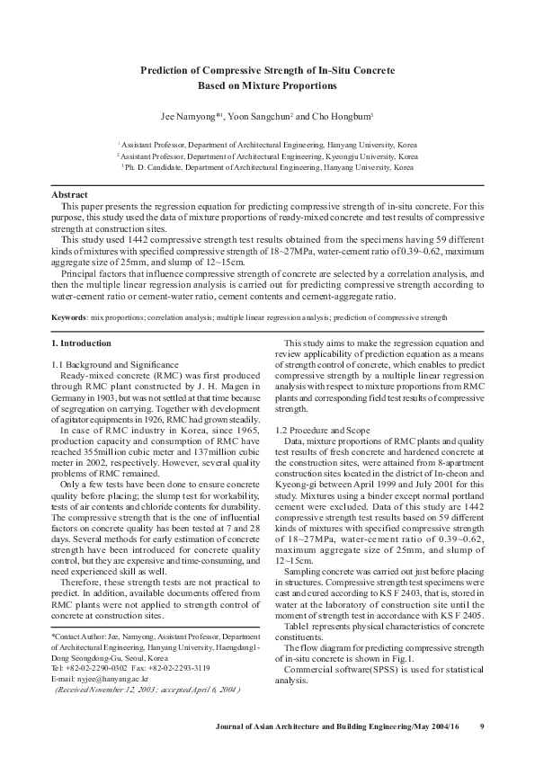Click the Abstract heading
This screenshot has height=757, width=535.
[68, 194]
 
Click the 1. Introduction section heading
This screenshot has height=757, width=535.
[82, 343]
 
